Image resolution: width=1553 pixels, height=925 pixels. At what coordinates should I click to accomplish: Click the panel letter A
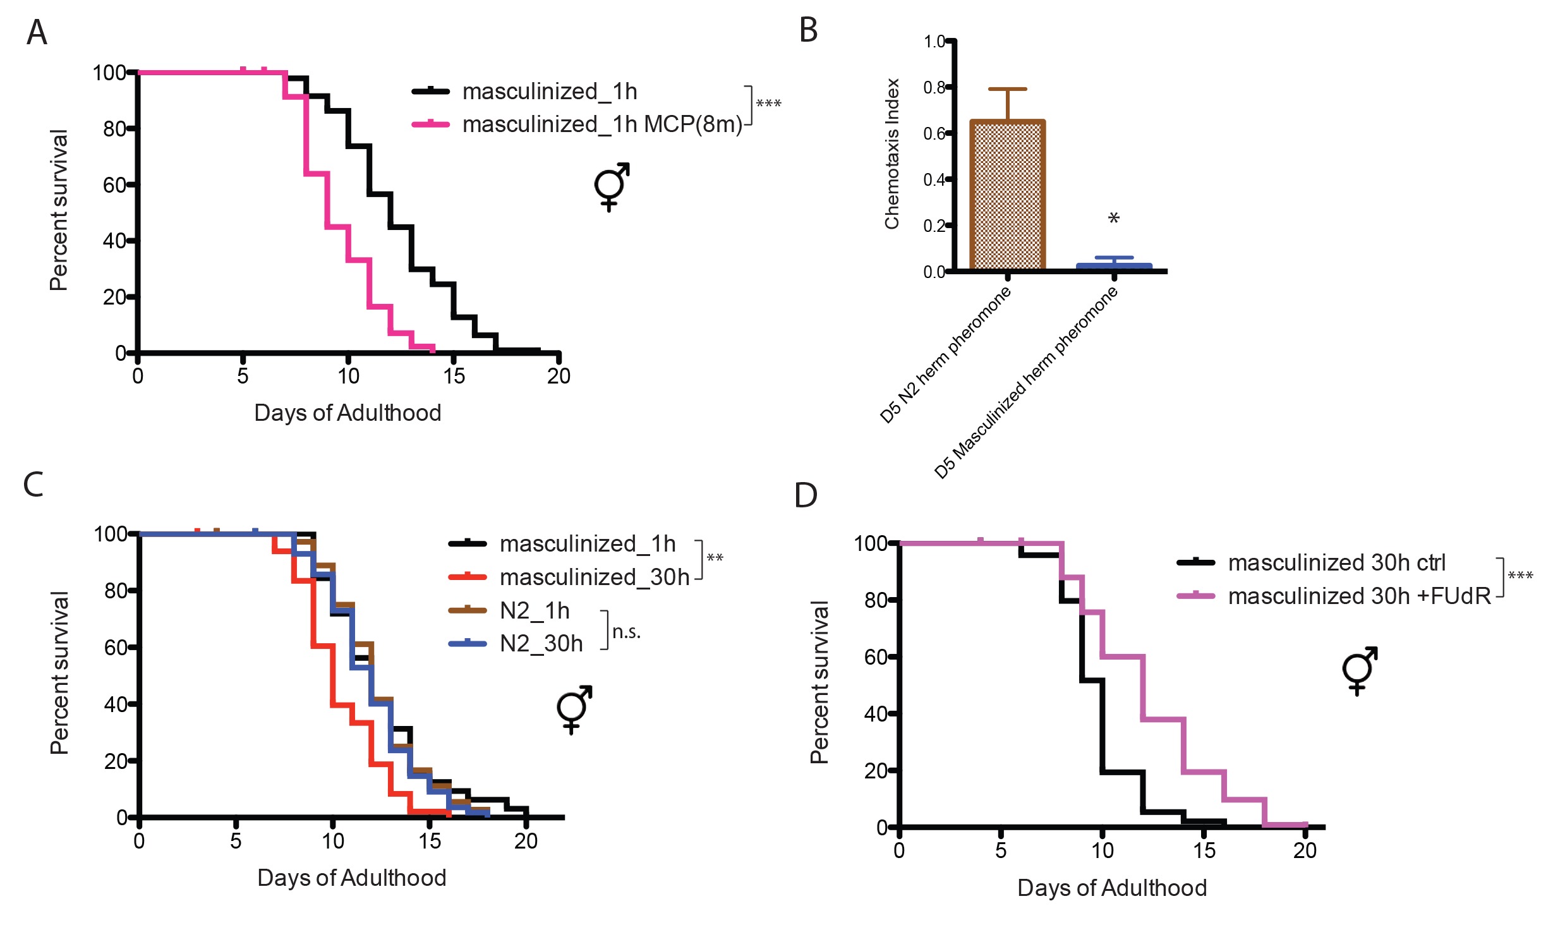pyautogui.click(x=37, y=32)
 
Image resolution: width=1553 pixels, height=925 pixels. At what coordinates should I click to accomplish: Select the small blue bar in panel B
pyautogui.click(x=1114, y=267)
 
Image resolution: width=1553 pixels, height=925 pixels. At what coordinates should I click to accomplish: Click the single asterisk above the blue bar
pyautogui.click(x=1114, y=219)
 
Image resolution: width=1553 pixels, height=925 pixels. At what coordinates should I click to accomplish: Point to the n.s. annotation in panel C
pyautogui.click(x=626, y=631)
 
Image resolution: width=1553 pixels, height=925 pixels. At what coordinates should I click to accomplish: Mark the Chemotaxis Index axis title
pyautogui.click(x=891, y=154)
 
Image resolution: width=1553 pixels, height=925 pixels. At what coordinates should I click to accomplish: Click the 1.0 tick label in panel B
pyautogui.click(x=934, y=42)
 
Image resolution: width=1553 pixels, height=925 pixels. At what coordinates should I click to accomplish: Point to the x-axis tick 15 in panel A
pyautogui.click(x=454, y=377)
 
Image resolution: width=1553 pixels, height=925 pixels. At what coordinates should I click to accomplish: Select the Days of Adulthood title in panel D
pyautogui.click(x=1111, y=888)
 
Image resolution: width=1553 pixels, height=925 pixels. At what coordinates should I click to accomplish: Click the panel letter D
pyautogui.click(x=806, y=495)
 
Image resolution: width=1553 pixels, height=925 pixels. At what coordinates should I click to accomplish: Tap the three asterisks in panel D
pyautogui.click(x=1520, y=576)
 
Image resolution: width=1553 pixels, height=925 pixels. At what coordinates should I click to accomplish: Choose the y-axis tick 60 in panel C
pyautogui.click(x=116, y=647)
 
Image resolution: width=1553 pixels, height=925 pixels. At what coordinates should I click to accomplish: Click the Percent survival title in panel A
pyautogui.click(x=59, y=210)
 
